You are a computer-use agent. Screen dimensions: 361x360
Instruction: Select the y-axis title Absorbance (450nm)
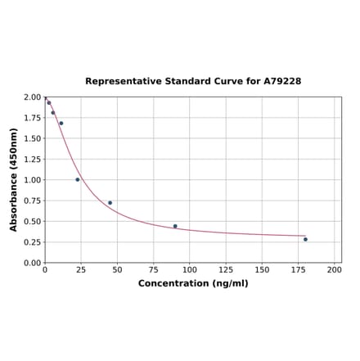(14, 179)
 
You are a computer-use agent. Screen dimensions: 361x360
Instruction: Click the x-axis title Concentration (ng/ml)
(193, 283)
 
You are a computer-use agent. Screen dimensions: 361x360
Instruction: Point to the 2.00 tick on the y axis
(32, 97)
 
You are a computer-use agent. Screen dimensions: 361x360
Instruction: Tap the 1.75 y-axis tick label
(32, 118)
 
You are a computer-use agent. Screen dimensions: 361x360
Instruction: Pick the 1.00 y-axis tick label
(32, 180)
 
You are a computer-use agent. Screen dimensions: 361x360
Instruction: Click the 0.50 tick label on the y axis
(32, 222)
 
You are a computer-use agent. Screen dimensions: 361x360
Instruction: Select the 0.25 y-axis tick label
(32, 242)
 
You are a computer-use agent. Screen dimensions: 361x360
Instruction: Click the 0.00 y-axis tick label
(32, 263)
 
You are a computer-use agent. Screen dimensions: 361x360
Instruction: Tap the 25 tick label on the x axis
(80, 270)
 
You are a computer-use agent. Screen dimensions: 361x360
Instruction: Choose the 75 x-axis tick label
(153, 270)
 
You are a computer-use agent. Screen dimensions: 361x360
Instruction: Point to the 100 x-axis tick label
(189, 270)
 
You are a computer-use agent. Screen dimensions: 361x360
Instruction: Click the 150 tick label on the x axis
(262, 270)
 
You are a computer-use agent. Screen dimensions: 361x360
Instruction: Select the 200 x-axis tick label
(334, 270)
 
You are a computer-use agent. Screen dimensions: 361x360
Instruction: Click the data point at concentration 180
(305, 239)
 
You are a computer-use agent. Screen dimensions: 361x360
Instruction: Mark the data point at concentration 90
(175, 226)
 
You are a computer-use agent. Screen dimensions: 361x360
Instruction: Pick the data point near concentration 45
(110, 203)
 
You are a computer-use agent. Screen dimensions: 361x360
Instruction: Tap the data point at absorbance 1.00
(78, 179)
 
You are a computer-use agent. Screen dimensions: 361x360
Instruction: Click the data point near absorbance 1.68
(61, 124)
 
